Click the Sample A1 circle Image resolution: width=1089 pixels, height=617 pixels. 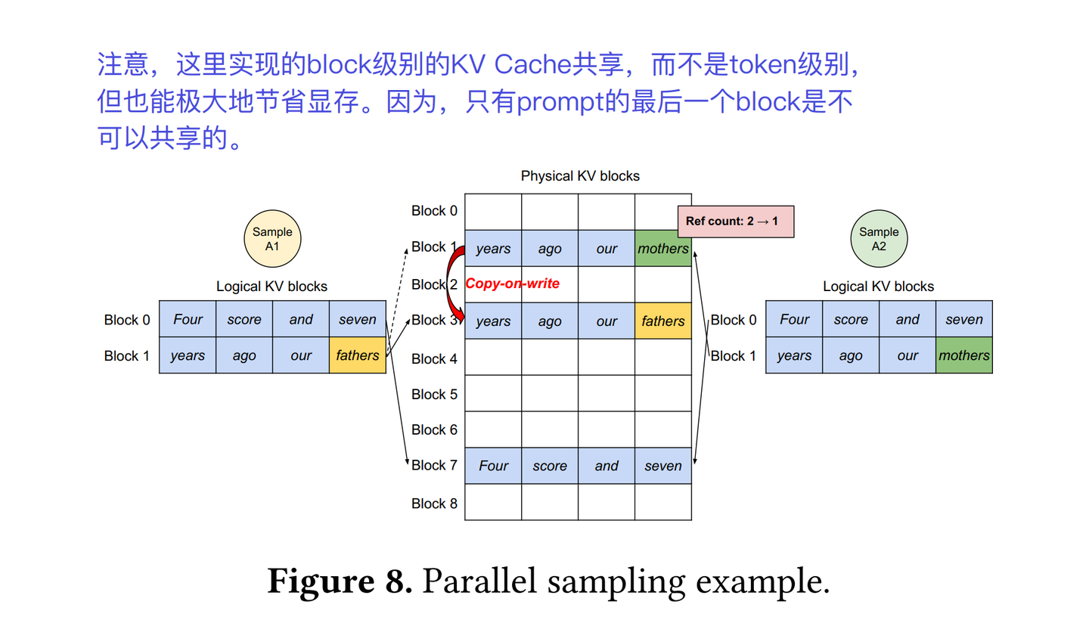[x=272, y=239]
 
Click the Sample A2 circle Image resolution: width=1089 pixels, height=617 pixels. [x=879, y=239]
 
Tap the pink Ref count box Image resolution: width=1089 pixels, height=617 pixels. [x=735, y=222]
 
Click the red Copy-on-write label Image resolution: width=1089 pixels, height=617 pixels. [x=513, y=284]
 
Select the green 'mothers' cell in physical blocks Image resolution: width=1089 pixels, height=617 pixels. [x=663, y=249]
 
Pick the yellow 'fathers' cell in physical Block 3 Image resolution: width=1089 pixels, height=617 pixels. [x=663, y=321]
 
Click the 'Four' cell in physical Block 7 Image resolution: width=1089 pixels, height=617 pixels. [x=493, y=466]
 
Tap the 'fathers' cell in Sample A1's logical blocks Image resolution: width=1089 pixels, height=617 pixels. [x=358, y=355]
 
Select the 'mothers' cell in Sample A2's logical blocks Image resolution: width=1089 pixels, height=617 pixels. [x=963, y=355]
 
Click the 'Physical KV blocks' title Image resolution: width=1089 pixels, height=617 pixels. [x=580, y=176]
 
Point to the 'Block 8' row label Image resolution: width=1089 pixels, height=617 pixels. [x=434, y=503]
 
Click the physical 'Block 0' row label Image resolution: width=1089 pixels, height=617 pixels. [x=434, y=211]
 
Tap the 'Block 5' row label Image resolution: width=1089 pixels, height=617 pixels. [x=434, y=394]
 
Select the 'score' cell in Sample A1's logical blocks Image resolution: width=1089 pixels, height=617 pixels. [x=244, y=319]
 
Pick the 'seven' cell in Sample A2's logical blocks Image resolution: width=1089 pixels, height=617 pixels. [x=963, y=319]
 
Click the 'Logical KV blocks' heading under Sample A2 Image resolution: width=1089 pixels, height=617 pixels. [x=879, y=287]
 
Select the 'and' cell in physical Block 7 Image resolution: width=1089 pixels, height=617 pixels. [x=607, y=466]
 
